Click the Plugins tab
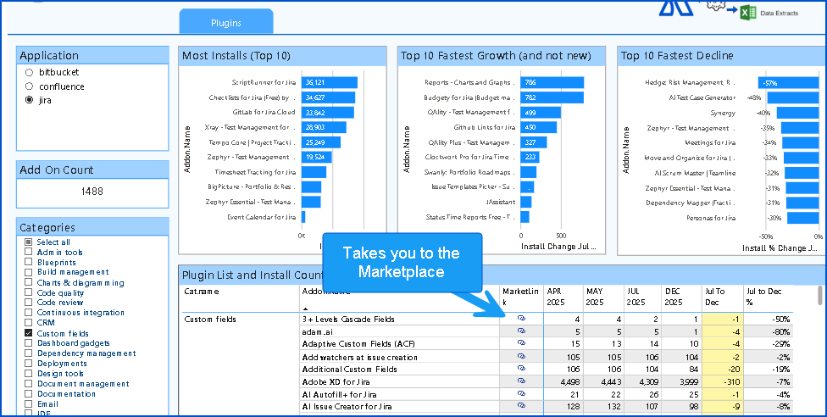point(225,23)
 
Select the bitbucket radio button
point(30,73)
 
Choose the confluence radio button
point(30,86)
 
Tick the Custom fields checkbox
point(29,334)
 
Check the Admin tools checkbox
point(29,253)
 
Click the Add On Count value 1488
point(92,192)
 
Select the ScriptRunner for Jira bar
point(330,82)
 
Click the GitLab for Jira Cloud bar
point(327,112)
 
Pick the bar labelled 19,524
point(317,157)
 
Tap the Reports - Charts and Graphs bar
point(552,82)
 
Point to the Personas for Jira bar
point(803,218)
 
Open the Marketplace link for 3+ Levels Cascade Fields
point(521,320)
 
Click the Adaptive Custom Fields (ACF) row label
point(347,344)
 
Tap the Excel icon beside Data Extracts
point(748,12)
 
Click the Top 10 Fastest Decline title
point(678,56)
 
